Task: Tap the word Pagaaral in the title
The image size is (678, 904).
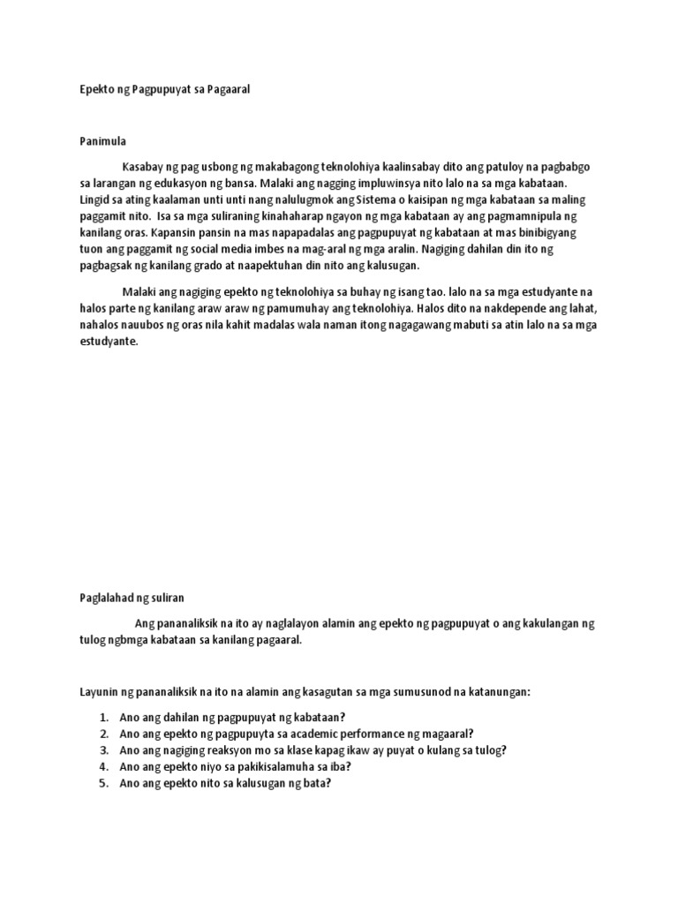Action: tap(229, 90)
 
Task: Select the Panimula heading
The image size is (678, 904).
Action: tap(93, 140)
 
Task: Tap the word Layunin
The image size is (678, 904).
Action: tap(93, 692)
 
